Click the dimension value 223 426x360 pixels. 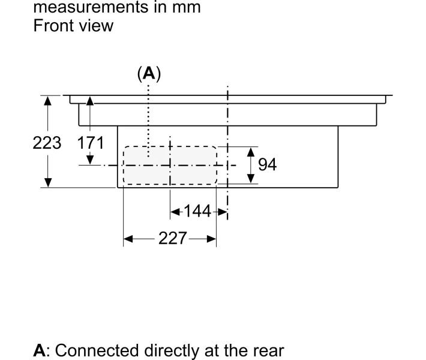(x=47, y=143)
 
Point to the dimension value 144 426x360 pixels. (x=198, y=211)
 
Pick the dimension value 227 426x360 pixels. (x=172, y=239)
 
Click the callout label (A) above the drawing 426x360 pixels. (x=149, y=74)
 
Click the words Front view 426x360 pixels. (x=73, y=26)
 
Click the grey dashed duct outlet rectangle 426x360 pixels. (x=170, y=165)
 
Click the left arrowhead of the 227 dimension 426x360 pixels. (x=128, y=239)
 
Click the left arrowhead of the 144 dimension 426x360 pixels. (x=175, y=211)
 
